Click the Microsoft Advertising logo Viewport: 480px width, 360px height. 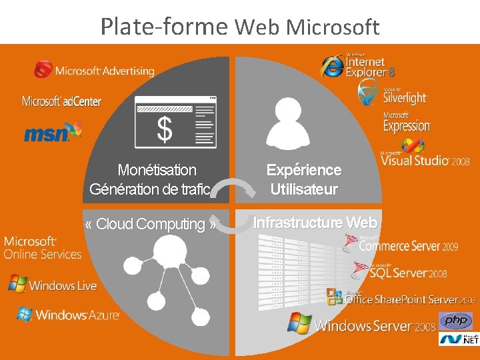coord(94,70)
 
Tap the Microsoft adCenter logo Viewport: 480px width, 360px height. coord(61,101)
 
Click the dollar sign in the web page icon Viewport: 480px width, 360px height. coord(164,129)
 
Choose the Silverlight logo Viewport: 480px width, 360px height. coord(393,95)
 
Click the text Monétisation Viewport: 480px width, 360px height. coord(157,171)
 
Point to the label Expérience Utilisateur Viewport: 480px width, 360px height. coord(303,180)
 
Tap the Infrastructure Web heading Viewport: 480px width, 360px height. coord(315,223)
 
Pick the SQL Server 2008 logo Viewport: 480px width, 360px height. coord(401,271)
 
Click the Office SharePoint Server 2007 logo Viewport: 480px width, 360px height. coord(401,299)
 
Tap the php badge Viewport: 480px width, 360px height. coord(456,321)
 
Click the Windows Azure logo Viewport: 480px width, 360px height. coord(68,315)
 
